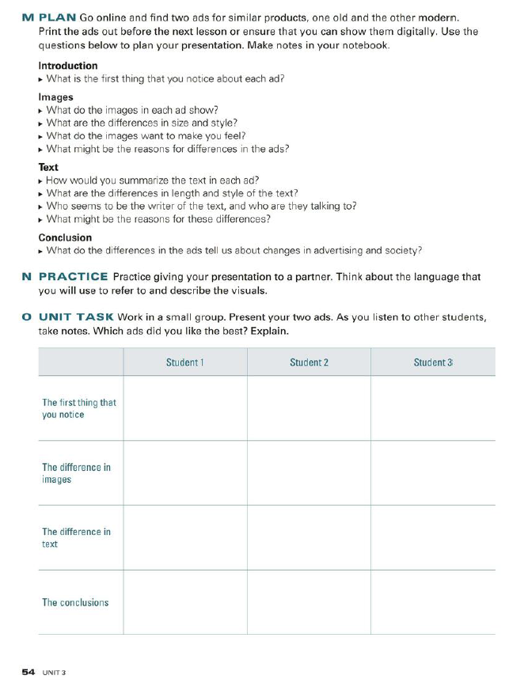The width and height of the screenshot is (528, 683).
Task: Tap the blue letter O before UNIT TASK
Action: click(x=27, y=317)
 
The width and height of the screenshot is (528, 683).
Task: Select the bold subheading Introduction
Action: click(x=68, y=66)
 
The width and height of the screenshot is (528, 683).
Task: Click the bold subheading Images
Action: click(x=55, y=97)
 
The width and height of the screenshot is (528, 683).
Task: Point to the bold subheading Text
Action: click(x=48, y=168)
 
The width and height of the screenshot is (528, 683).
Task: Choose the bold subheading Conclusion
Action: click(x=65, y=237)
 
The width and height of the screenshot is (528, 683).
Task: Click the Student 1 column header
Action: click(x=185, y=362)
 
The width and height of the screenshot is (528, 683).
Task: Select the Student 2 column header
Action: click(x=309, y=362)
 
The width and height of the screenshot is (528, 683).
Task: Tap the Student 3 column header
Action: click(x=433, y=362)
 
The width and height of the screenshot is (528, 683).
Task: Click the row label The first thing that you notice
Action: click(x=78, y=408)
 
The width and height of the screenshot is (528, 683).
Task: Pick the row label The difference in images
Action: click(x=76, y=473)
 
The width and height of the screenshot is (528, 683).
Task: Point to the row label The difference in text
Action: click(x=76, y=538)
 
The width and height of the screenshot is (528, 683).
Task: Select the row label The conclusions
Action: click(x=75, y=602)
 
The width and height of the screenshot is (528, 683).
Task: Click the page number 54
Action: click(x=28, y=671)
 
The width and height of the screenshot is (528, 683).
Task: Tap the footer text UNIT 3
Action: click(x=54, y=672)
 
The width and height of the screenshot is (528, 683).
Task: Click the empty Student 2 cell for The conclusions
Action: click(x=309, y=602)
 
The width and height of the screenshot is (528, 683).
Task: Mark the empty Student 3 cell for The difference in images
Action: click(x=433, y=473)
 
